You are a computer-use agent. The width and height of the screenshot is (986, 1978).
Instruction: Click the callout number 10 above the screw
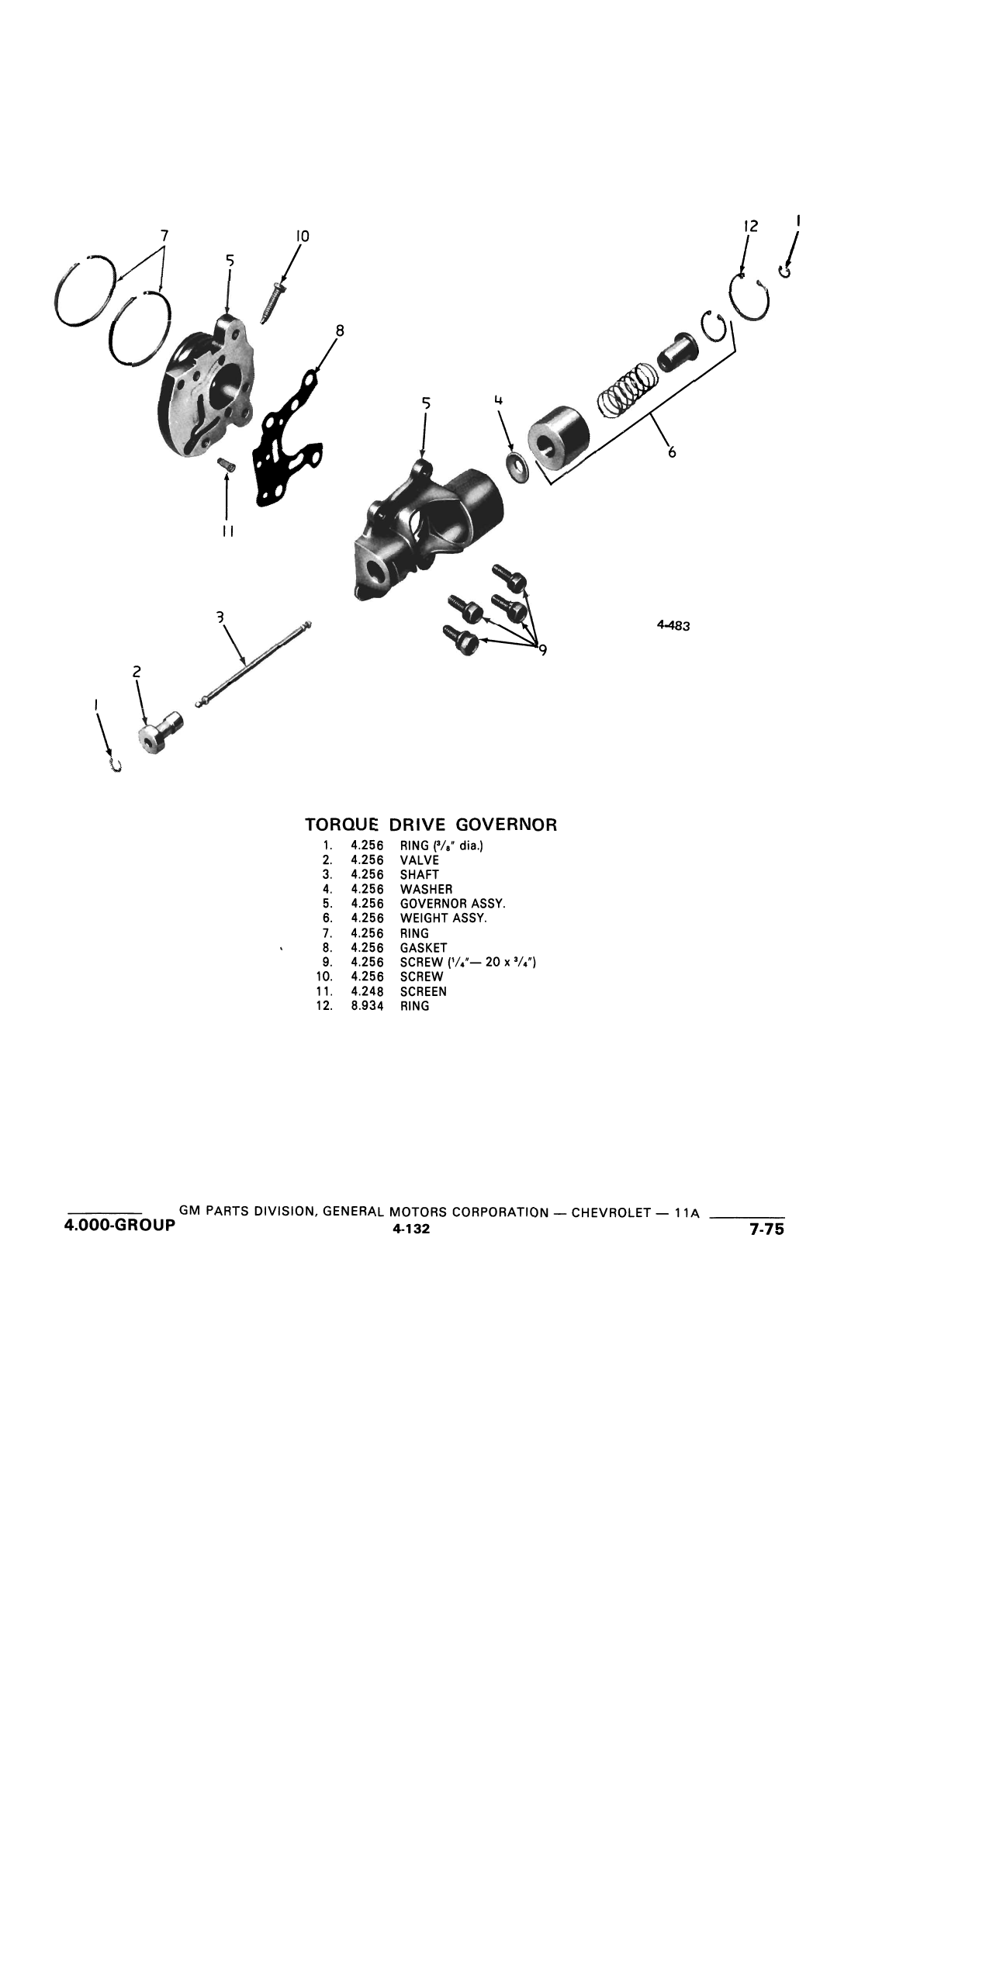click(x=303, y=236)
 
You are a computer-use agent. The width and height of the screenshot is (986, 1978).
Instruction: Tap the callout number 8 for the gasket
click(x=339, y=330)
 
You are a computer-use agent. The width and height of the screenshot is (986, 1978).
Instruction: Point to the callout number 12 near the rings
click(x=750, y=227)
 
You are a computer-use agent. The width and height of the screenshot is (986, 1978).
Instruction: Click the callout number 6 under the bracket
click(x=672, y=451)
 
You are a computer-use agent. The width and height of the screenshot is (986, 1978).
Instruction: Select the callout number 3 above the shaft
click(x=220, y=617)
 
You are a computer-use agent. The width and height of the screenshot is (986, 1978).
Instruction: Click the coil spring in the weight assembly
click(x=628, y=389)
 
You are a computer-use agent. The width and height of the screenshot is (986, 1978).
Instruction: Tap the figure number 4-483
click(x=673, y=625)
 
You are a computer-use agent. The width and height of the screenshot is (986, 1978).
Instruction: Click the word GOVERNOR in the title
click(x=513, y=825)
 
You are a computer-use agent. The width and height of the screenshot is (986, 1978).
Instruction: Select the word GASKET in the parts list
click(x=424, y=948)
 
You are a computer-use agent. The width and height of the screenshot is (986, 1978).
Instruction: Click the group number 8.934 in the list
click(x=368, y=1006)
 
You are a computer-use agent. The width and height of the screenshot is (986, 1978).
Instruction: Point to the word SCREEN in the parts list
click(x=424, y=991)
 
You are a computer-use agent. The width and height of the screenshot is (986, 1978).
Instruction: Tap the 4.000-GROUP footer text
click(x=120, y=1227)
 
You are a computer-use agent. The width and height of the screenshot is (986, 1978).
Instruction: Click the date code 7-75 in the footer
click(x=766, y=1229)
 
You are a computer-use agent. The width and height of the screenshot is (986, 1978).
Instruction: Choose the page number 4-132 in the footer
click(x=411, y=1229)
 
